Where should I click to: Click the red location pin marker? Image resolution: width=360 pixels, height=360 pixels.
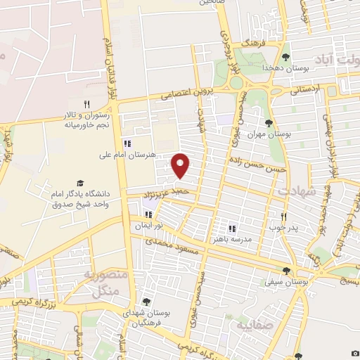point(181,165)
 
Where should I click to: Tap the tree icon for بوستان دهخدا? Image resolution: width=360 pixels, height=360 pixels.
point(285,57)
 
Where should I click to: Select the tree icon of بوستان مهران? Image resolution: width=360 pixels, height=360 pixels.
point(269,123)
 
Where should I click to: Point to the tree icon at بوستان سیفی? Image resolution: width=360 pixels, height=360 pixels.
point(286,271)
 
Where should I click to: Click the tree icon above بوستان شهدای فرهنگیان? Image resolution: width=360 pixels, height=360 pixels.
point(146,302)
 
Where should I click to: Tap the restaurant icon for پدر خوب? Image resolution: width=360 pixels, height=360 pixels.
point(284,217)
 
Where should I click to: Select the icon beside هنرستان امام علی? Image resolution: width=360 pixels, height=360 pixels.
point(127,138)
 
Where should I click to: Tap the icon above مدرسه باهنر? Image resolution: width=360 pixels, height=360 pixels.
point(232,229)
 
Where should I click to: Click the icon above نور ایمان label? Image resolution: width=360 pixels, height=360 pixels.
point(148,214)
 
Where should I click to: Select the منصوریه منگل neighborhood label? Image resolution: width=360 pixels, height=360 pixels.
point(105,282)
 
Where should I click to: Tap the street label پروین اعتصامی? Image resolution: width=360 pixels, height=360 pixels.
point(185,94)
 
